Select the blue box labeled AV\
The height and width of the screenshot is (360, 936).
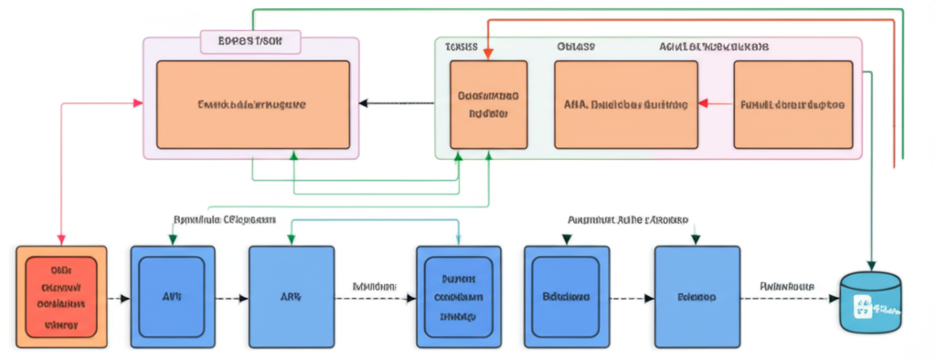[171, 297]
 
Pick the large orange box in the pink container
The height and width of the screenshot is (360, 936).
[253, 104]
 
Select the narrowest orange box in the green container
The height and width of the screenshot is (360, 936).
[488, 104]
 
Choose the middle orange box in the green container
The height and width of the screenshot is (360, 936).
[625, 104]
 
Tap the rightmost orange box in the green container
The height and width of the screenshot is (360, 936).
[792, 104]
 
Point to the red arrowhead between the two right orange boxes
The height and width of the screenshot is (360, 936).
[704, 103]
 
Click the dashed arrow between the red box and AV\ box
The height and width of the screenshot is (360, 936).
[119, 298]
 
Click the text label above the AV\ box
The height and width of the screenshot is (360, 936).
[224, 220]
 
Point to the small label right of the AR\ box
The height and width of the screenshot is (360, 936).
[374, 286]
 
